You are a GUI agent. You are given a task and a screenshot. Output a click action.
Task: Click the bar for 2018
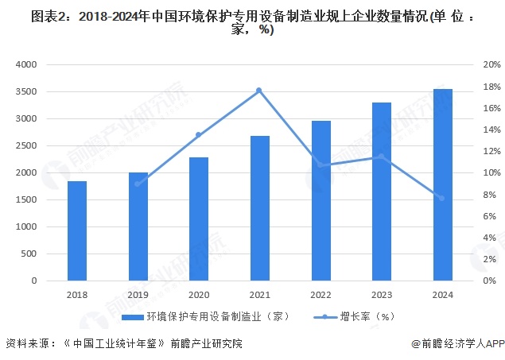(x=76, y=231)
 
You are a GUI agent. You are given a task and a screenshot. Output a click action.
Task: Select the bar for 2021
(x=260, y=208)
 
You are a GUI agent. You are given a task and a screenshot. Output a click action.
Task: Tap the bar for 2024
(x=443, y=185)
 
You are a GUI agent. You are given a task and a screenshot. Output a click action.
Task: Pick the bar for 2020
(x=199, y=219)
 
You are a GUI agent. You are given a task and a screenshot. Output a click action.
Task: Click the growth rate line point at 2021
(x=259, y=91)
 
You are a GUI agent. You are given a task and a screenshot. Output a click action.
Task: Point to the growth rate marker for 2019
(x=138, y=184)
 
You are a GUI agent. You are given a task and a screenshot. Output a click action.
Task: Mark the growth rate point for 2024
(x=442, y=198)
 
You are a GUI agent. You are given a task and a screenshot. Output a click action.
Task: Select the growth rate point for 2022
(x=320, y=165)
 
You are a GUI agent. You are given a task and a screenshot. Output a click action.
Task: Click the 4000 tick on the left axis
(x=27, y=64)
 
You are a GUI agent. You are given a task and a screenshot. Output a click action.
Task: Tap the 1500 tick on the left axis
(x=27, y=200)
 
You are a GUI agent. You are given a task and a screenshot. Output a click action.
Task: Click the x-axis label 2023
(x=382, y=294)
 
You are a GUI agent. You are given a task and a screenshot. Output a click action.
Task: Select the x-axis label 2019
(x=138, y=294)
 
